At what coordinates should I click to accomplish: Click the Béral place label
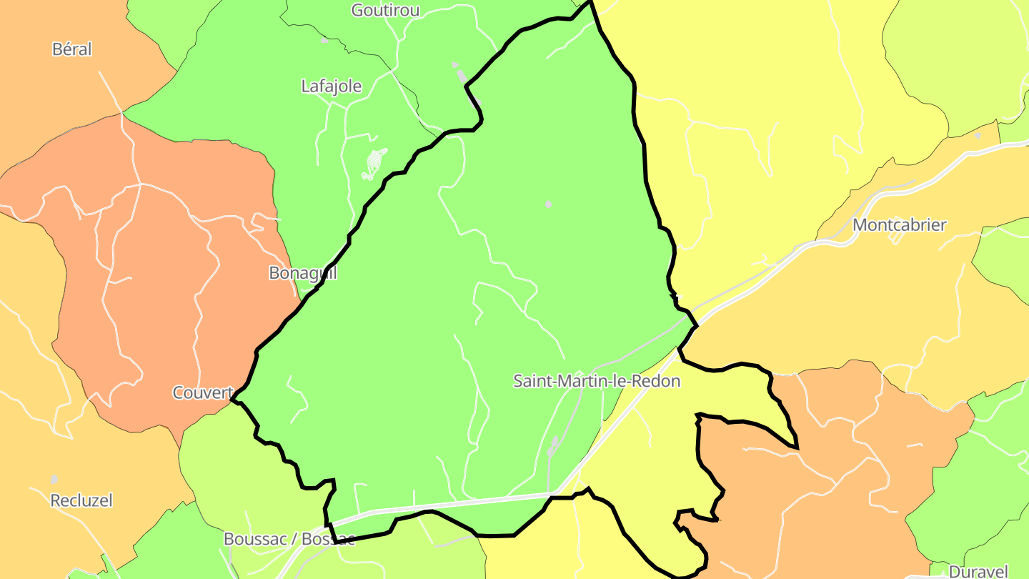pos(72,49)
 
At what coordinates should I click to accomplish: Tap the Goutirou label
pos(386,10)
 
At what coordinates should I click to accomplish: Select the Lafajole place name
pos(332,86)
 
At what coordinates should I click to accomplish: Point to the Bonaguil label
pos(302,272)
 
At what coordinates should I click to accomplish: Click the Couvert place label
pos(203,392)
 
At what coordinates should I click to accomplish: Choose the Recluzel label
pos(81,500)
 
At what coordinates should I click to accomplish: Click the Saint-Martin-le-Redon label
pos(597,381)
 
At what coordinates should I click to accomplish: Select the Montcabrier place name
pos(900,225)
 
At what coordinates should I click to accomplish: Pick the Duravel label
pos(978,571)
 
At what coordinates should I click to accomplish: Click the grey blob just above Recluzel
pos(54,478)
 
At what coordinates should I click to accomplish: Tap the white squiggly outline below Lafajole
pos(374,164)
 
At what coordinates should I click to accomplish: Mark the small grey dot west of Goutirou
pos(324,40)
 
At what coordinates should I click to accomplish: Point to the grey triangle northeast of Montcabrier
pos(978,135)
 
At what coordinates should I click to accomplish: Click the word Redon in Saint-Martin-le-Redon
pos(657,381)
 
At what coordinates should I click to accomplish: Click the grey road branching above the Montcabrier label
pos(886,189)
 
